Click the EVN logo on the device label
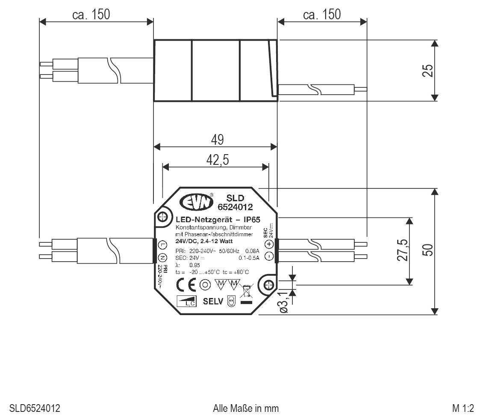coord(196,203)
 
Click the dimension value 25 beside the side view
coord(427,70)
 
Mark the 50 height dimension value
coord(428,250)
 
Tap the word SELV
coord(213,301)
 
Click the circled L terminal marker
coord(162,245)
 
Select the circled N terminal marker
coord(162,257)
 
